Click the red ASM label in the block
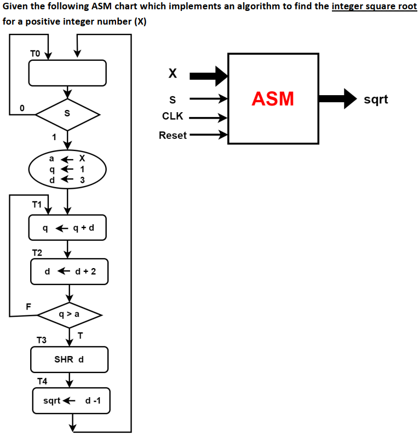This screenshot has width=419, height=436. (x=273, y=99)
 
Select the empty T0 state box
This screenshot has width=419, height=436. (x=67, y=73)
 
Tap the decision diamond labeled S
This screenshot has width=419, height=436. (x=67, y=114)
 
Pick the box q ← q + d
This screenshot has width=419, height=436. (x=67, y=228)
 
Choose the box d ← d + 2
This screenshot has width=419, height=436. (x=69, y=271)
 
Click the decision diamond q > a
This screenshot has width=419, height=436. (x=69, y=315)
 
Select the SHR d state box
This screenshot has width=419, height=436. (x=69, y=359)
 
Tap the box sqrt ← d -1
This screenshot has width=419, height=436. (x=72, y=401)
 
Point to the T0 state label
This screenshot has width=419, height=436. (x=35, y=53)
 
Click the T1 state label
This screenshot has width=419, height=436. (x=37, y=205)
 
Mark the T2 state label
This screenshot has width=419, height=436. (x=37, y=252)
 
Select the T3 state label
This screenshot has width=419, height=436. (x=42, y=340)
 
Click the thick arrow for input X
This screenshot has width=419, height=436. (x=212, y=75)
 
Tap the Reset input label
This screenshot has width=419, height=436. (x=173, y=135)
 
